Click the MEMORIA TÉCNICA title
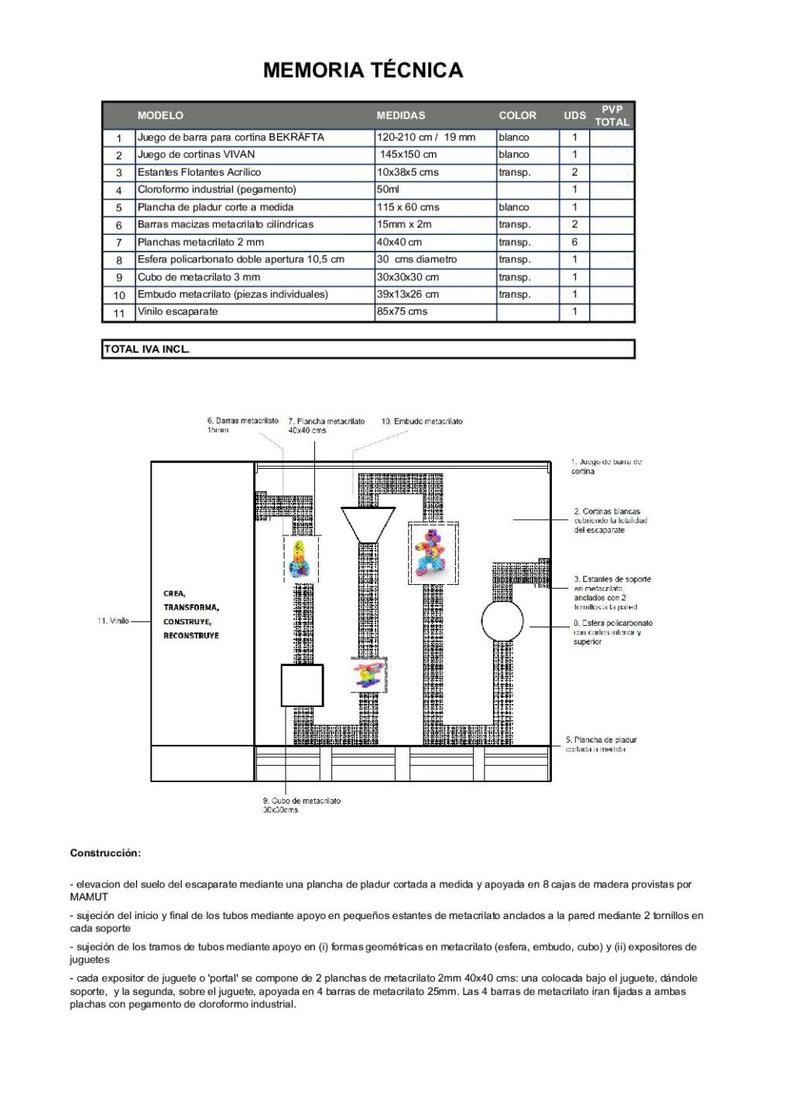coord(362,70)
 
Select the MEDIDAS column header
coord(400,115)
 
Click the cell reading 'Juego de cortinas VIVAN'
coord(196,155)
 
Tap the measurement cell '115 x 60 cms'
coord(408,207)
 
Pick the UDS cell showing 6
coord(574,242)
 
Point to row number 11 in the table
coord(118,313)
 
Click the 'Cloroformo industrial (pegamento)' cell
coord(217,190)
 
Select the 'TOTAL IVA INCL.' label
coord(146,349)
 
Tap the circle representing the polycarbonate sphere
coord(502,620)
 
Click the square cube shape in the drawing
coord(301,685)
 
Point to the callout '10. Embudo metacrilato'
coord(422,422)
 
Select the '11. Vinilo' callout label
coord(113,621)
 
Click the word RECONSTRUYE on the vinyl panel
coord(190,636)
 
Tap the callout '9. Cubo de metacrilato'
coord(301,801)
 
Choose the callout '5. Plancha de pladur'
coord(601,740)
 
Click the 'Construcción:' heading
coord(105,853)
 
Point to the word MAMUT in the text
coord(89,897)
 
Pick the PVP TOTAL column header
coord(612,115)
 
